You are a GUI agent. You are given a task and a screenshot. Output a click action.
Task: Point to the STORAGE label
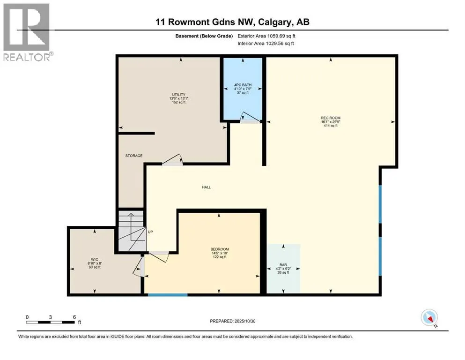tap(133, 156)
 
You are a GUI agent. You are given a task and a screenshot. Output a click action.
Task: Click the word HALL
tap(206, 187)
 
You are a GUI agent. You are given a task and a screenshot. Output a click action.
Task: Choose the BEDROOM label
tap(219, 249)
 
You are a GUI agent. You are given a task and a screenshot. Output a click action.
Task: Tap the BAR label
tap(283, 265)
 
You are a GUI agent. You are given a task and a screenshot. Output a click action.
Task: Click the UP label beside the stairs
tap(150, 232)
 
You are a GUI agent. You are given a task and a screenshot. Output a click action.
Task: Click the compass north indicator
tap(429, 318)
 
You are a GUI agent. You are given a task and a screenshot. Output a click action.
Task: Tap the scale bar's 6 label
tap(74, 316)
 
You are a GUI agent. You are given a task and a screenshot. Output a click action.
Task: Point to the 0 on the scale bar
tap(28, 316)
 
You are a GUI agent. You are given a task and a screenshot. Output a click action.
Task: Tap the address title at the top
tap(232, 22)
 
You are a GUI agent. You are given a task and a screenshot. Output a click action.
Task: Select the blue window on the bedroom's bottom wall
tap(168, 295)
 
